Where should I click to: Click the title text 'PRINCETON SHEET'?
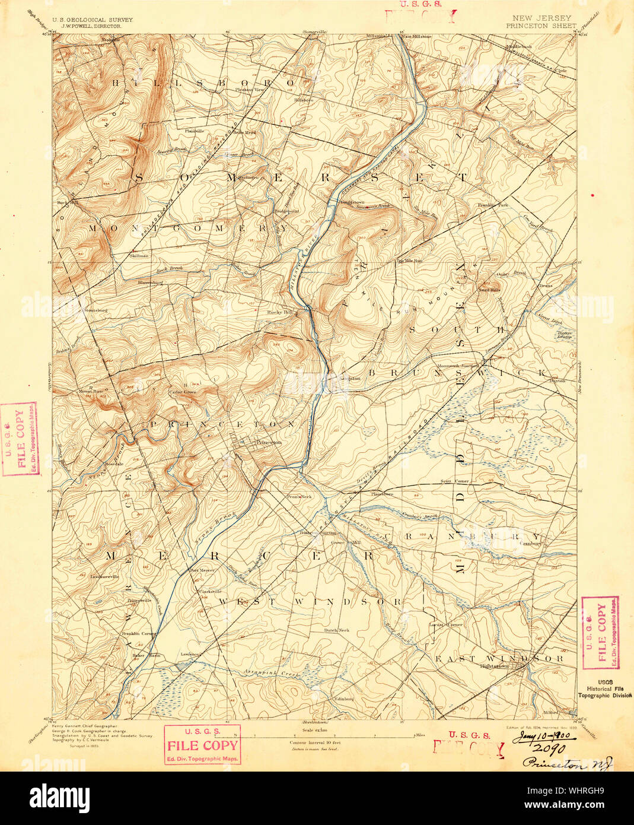(540, 26)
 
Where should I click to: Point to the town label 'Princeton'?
(267, 442)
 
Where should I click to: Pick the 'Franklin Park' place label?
(493, 205)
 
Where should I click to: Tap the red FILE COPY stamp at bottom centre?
(202, 745)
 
